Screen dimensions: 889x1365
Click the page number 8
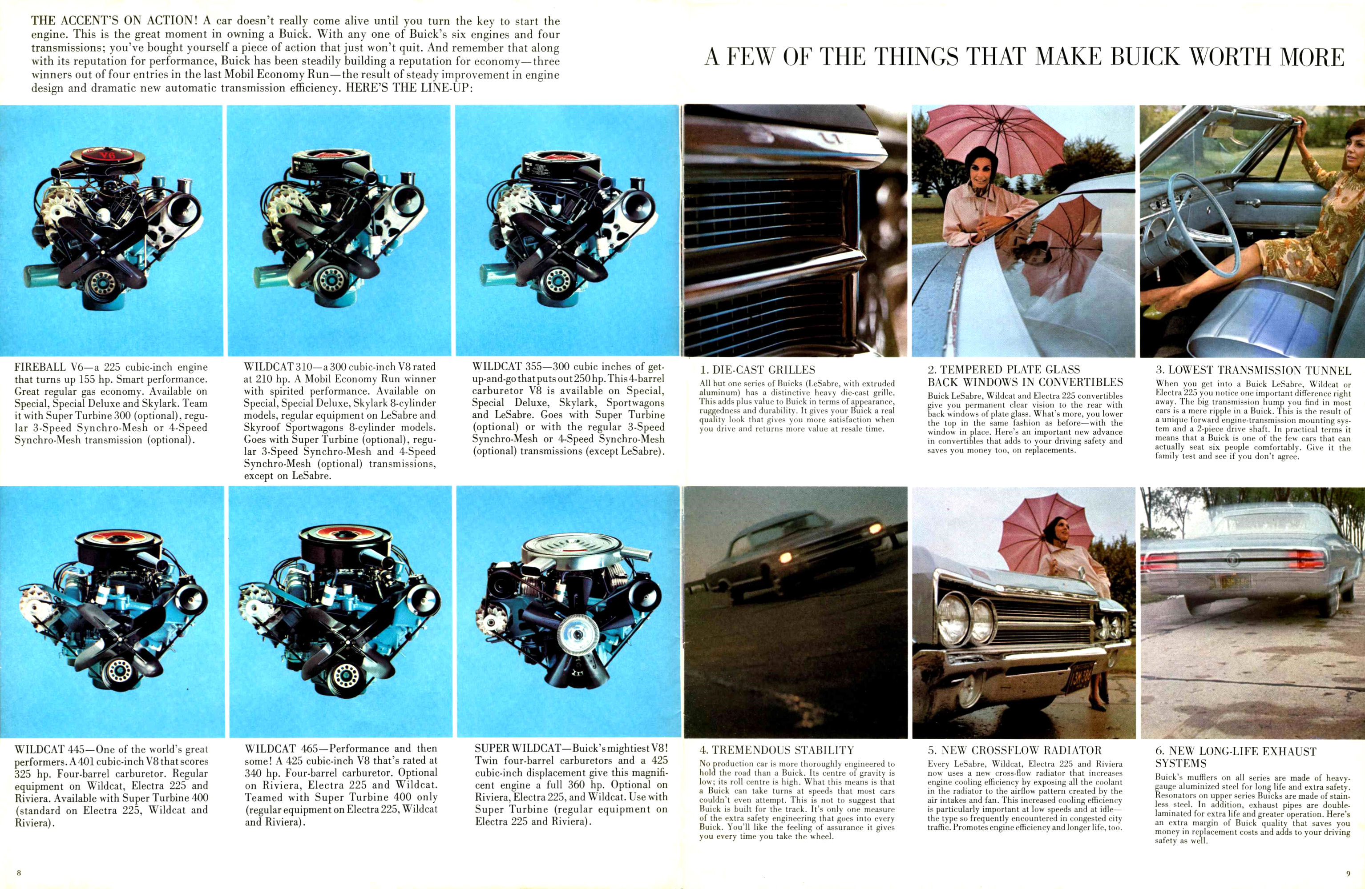click(19, 873)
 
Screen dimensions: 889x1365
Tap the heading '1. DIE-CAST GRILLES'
click(757, 370)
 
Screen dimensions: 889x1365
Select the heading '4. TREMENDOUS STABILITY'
click(776, 750)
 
